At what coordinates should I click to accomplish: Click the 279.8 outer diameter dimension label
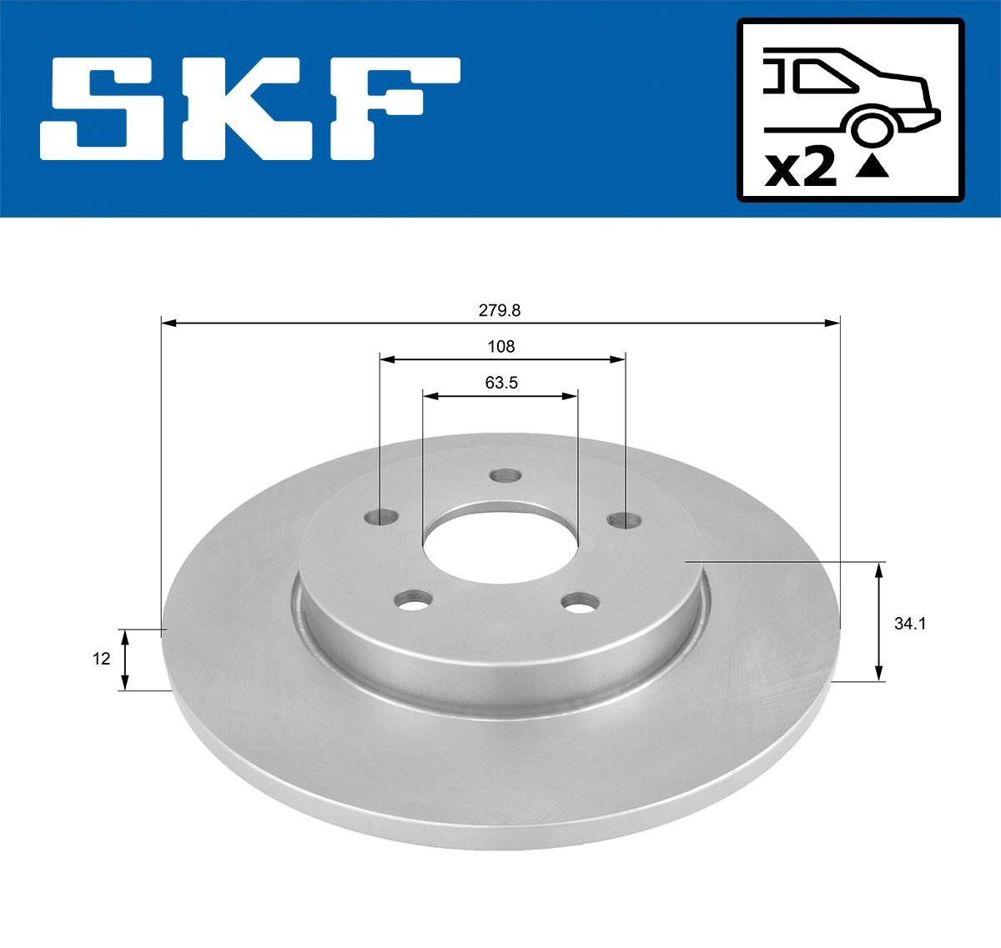click(499, 311)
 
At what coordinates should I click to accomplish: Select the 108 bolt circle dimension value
click(501, 346)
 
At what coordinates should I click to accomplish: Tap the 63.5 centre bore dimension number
click(501, 383)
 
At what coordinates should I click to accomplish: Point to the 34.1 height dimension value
click(910, 623)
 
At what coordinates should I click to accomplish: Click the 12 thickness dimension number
click(101, 659)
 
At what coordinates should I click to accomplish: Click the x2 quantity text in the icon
click(801, 169)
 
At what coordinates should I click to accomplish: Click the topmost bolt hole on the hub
click(505, 475)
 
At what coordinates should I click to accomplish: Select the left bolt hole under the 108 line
click(380, 517)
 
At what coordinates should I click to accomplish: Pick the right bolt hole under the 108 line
click(624, 521)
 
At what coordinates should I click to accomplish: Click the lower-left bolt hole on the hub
click(414, 599)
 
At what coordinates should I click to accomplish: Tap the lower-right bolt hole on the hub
click(580, 601)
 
